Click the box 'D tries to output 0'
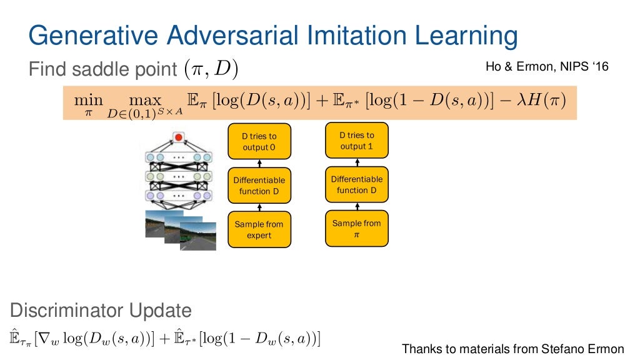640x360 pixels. point(259,142)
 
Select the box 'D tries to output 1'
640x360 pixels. point(357,141)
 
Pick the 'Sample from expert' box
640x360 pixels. point(259,230)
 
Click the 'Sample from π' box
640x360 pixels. point(357,229)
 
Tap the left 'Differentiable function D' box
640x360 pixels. point(259,186)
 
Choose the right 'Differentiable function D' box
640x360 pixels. point(357,184)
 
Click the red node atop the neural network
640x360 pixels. point(179,137)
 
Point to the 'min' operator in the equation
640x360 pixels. point(88,101)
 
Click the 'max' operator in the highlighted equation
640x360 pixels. point(144,101)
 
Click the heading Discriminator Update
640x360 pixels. point(101,310)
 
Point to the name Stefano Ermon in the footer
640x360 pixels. point(584,349)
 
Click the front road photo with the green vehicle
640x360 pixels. point(198,236)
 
